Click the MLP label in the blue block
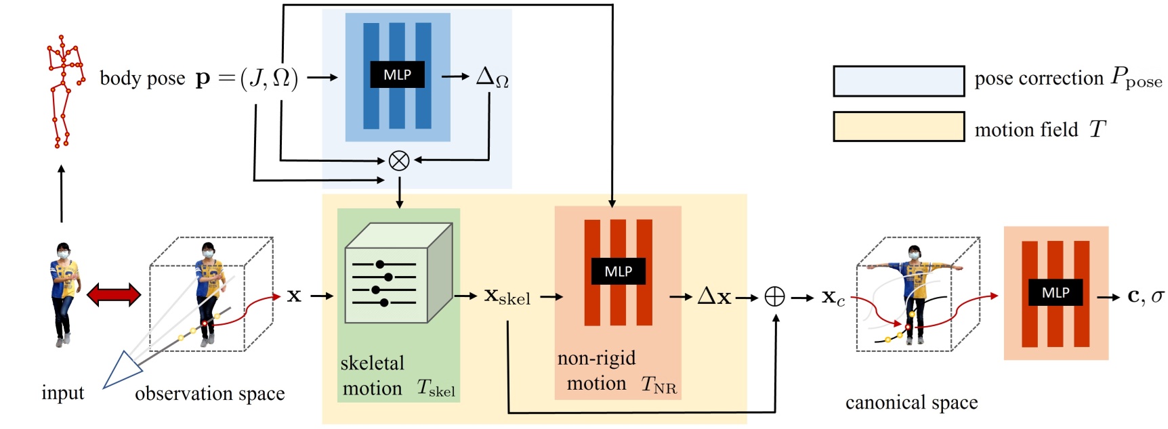(397, 75)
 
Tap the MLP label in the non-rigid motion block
(618, 271)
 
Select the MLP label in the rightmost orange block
(1055, 293)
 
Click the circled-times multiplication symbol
(399, 160)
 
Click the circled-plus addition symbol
(774, 296)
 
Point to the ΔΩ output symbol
(492, 77)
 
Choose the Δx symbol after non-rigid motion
(714, 296)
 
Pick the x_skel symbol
(507, 296)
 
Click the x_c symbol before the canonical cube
(833, 297)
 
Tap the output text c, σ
(1145, 296)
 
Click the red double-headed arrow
(114, 294)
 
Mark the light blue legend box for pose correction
(898, 81)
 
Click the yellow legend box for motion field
(898, 127)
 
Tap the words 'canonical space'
(911, 403)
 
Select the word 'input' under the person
(62, 393)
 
